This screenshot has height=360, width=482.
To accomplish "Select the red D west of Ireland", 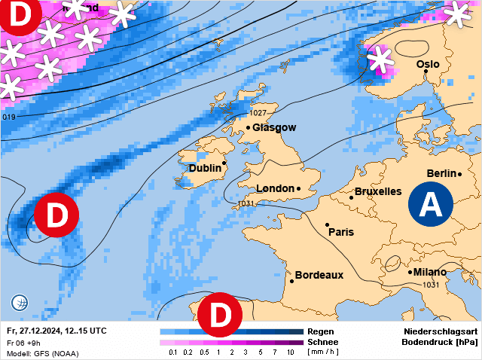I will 56,215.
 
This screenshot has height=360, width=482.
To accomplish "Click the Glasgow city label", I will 274,128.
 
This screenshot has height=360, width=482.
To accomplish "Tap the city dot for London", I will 299,188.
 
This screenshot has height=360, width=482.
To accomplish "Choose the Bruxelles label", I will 377,191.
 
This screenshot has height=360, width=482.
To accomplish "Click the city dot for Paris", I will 328,224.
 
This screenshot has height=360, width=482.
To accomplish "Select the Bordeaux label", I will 319,275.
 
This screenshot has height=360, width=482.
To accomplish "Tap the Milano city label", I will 429,272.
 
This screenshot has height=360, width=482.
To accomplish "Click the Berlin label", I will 441,174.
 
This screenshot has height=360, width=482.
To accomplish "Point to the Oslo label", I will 428,65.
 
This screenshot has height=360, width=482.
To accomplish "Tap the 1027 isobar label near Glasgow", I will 258,113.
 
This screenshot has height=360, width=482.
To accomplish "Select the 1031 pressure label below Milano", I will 431,285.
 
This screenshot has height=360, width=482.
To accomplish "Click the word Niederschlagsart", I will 441,331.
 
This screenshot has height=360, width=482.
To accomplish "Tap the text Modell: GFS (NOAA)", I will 42,353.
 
